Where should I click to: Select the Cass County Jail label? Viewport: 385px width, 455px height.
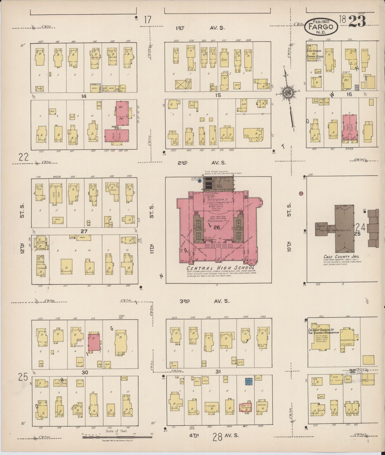[341, 257]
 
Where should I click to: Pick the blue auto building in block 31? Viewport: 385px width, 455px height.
[249, 382]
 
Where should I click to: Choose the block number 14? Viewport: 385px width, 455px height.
[84, 96]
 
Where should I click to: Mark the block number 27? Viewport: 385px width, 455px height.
[84, 231]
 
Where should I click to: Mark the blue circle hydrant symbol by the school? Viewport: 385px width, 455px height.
[200, 180]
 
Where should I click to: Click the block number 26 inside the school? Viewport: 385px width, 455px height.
[216, 227]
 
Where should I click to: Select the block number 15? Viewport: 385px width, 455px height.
[218, 95]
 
